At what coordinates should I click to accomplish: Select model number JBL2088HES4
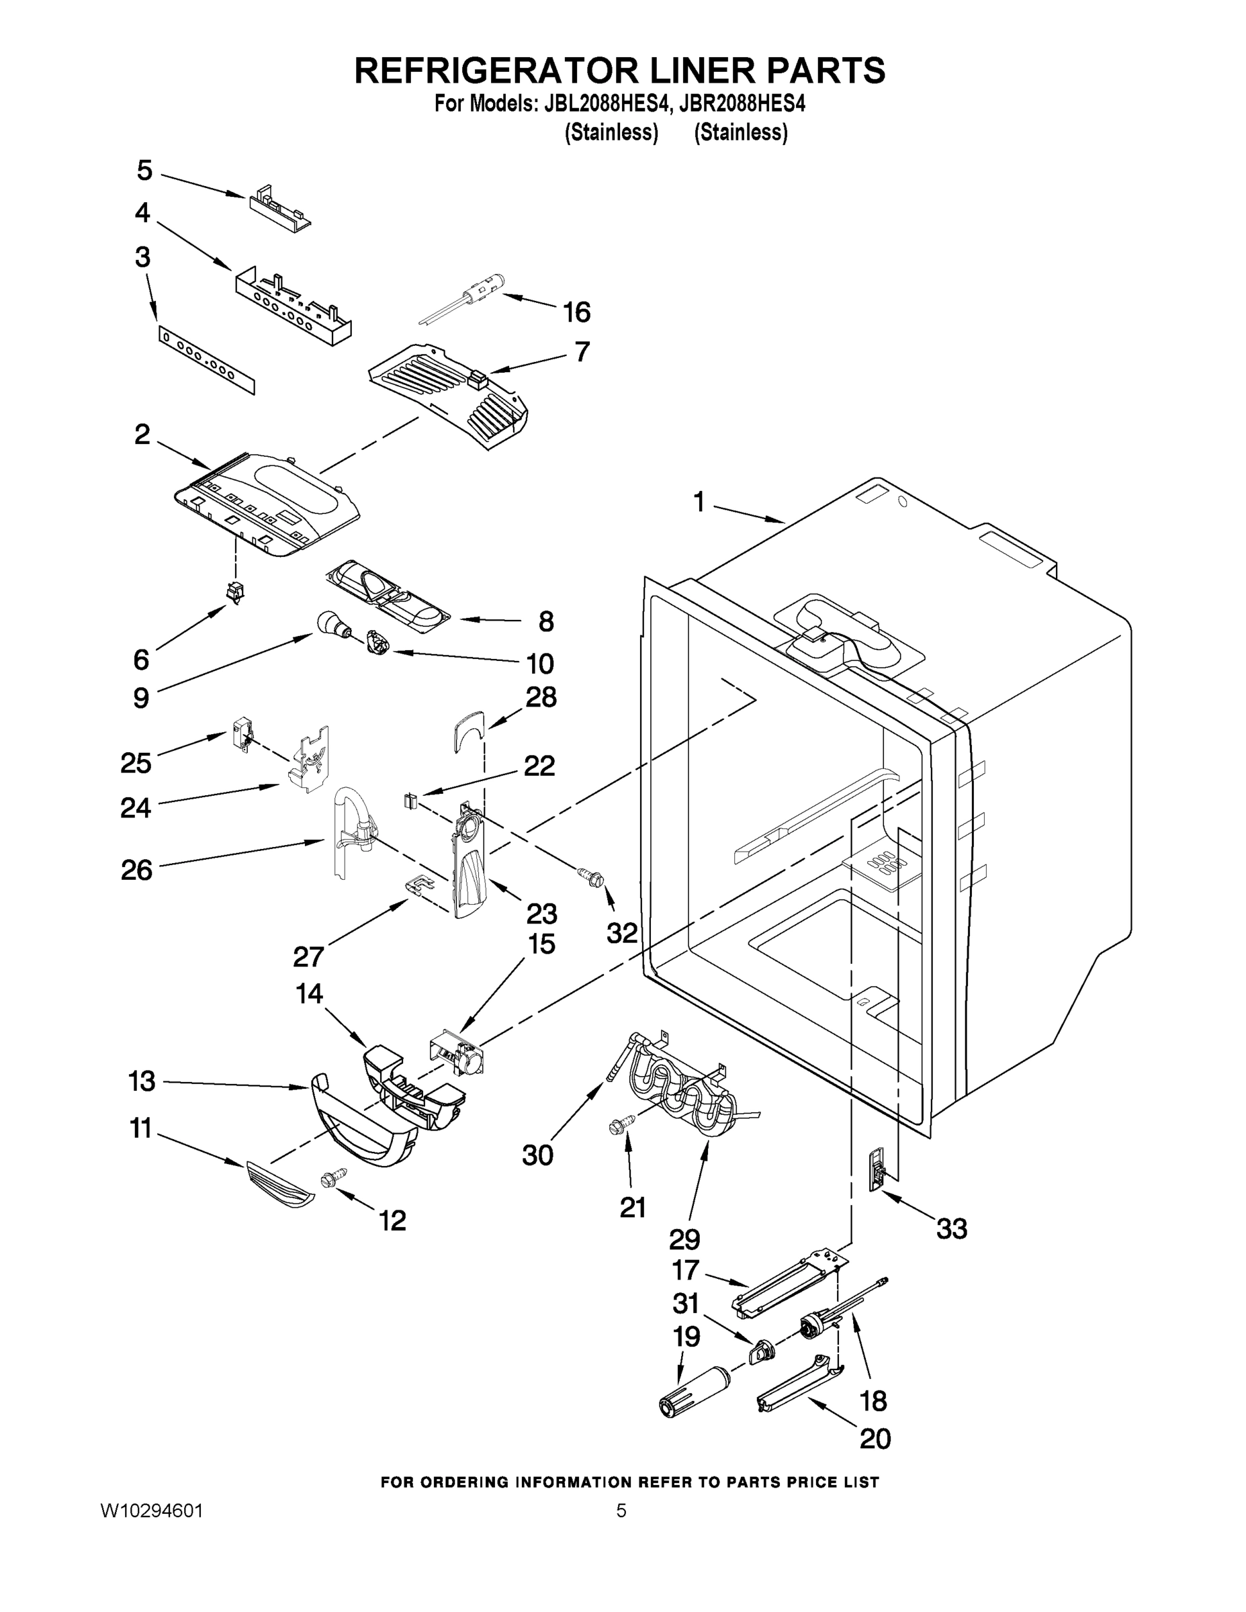[x=607, y=105]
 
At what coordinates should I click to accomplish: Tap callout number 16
[x=576, y=312]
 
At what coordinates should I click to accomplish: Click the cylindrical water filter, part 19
[x=692, y=1390]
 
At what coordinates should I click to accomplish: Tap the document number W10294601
[x=151, y=1511]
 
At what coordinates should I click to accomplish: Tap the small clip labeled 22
[x=411, y=800]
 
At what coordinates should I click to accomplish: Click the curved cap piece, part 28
[x=468, y=731]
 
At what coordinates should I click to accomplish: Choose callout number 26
[x=136, y=870]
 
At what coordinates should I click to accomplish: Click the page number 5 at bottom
[x=621, y=1511]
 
